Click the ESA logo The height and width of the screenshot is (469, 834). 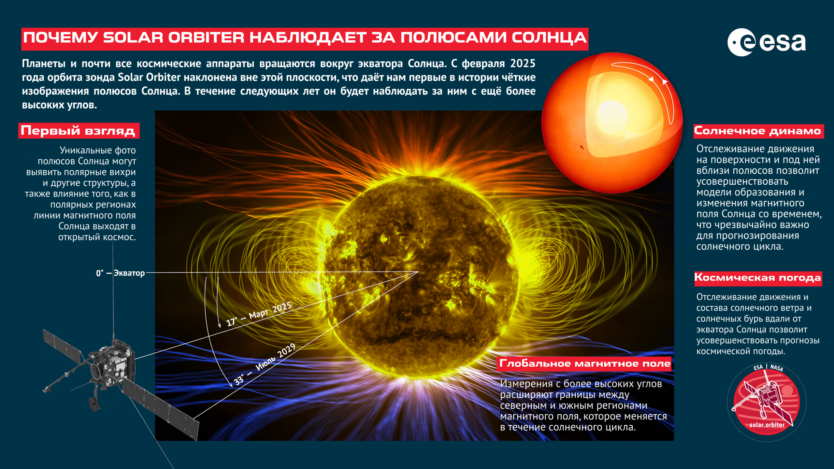767,42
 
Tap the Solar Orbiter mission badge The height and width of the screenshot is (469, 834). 767,402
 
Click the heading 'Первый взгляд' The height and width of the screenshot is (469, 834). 79,131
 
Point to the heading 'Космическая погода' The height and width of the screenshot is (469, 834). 758,278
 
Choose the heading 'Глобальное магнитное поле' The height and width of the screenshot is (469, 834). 585,363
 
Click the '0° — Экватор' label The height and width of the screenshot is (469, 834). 120,273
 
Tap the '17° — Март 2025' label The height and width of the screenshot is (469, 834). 259,314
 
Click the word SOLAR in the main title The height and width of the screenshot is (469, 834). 133,38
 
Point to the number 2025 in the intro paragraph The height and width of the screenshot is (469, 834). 523,63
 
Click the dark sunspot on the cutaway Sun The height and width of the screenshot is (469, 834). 582,148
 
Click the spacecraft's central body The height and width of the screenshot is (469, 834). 112,363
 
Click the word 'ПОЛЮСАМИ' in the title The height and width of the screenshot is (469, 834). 453,38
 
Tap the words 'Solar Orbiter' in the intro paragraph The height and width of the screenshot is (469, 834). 149,77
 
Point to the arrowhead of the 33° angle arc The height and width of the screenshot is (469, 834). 230,384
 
